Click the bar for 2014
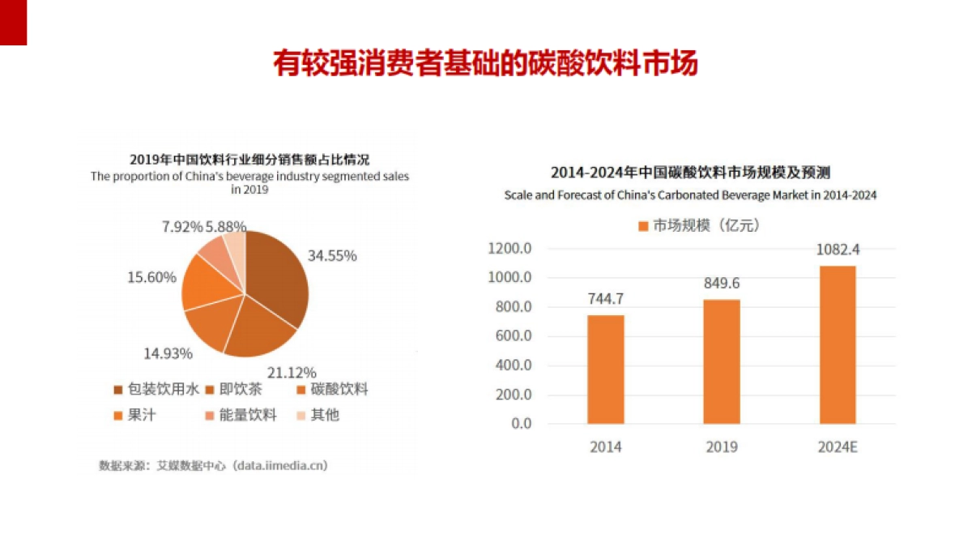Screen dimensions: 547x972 pos(606,370)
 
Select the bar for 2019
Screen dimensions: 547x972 pos(721,361)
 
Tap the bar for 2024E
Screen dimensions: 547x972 pos(838,344)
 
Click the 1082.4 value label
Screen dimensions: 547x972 pos(838,250)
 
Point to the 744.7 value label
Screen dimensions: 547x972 pos(606,298)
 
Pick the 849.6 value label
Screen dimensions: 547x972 pos(721,283)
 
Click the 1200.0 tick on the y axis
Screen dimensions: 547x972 pos(509,249)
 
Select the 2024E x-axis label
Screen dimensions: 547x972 pos(838,447)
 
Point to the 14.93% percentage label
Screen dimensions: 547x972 pos(168,353)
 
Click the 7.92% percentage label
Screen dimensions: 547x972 pos(182,226)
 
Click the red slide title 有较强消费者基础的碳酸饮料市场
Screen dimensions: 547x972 pos(485,63)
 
